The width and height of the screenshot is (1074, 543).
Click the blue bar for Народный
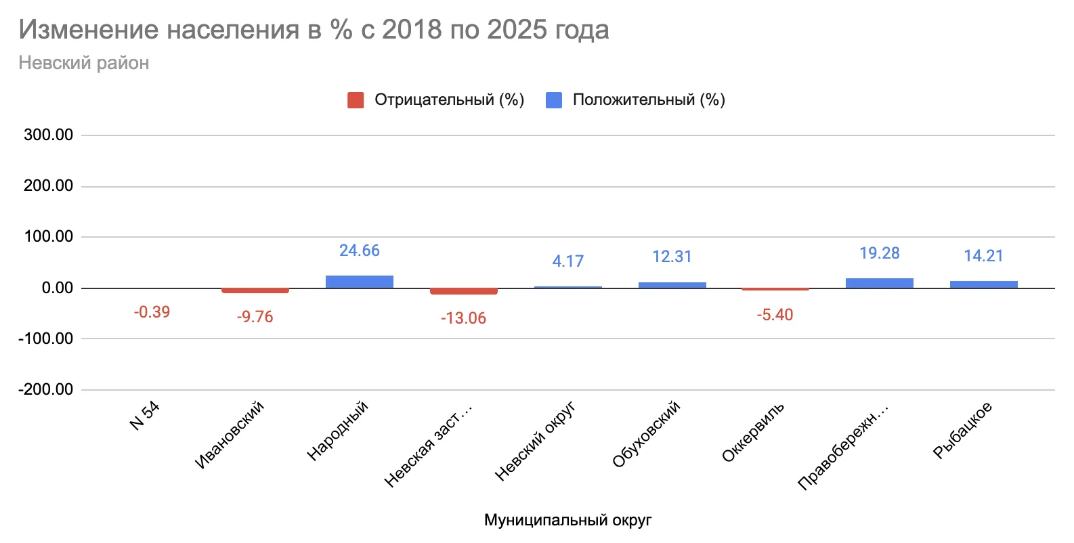[359, 282]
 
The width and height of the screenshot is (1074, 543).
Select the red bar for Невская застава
[463, 291]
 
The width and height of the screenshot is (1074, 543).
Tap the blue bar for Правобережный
[879, 283]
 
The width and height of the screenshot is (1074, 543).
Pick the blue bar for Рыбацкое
[983, 284]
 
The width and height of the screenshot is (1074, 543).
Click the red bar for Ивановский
[255, 290]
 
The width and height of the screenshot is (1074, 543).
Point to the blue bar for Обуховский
[672, 285]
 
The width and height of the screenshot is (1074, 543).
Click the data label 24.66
[359, 251]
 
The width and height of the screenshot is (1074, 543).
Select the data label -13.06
[463, 318]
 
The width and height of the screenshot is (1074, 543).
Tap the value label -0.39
[152, 312]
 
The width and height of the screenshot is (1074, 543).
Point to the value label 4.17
[567, 261]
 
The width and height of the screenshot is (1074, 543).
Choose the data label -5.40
[775, 315]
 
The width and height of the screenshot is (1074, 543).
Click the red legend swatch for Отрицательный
[356, 100]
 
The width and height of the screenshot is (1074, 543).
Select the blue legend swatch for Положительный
[554, 100]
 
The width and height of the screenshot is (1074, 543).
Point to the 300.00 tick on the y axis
[48, 135]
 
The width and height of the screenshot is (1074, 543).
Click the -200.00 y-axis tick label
[45, 389]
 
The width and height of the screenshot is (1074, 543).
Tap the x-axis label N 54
[145, 416]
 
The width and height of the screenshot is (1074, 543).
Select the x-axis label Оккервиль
[753, 432]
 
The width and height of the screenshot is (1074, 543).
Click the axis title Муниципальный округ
[567, 520]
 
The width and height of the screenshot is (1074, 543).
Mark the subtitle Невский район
[84, 63]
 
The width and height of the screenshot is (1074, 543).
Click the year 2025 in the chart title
[514, 30]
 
